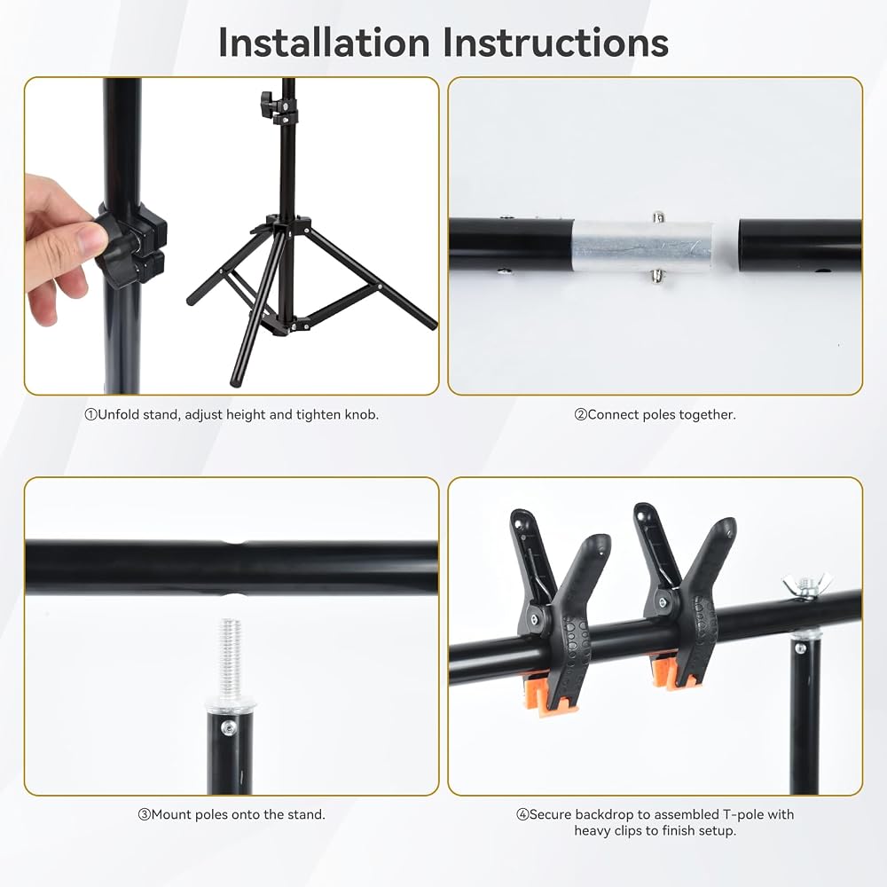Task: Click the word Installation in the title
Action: point(324,43)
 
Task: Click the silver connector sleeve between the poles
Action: point(641,247)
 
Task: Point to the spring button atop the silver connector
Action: point(658,217)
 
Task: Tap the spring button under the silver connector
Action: point(656,276)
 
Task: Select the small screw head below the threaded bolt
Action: point(227,727)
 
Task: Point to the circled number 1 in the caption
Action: point(90,414)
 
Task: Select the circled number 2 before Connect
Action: point(580,414)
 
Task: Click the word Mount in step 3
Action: point(171,814)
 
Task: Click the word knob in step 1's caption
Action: point(361,414)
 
